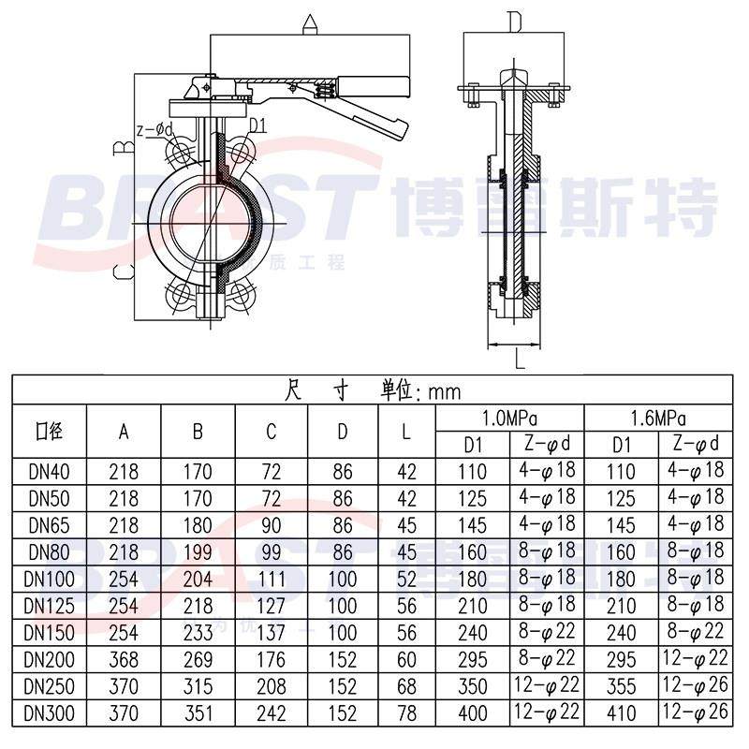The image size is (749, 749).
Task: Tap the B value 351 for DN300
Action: pyautogui.click(x=198, y=713)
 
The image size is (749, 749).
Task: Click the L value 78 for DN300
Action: pyautogui.click(x=406, y=713)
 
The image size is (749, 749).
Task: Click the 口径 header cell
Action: pyautogui.click(x=48, y=431)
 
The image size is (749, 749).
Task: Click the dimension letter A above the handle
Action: pyautogui.click(x=310, y=22)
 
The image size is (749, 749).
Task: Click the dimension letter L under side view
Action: pyautogui.click(x=518, y=356)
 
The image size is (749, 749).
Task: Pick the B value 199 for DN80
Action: pyautogui.click(x=198, y=551)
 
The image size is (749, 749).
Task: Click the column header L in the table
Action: pyautogui.click(x=406, y=431)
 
